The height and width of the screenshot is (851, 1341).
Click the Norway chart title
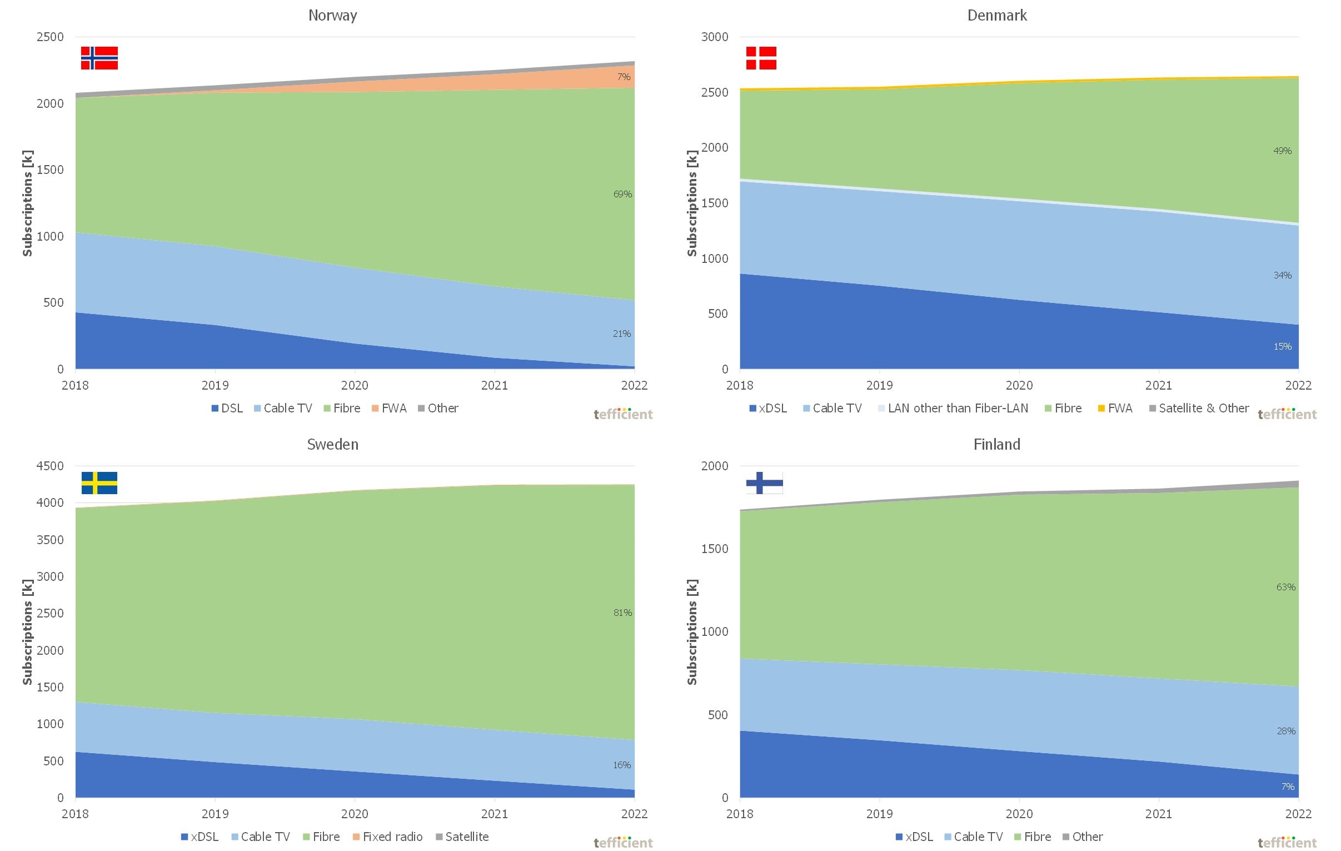[332, 16]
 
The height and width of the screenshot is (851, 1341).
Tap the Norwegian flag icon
[99, 58]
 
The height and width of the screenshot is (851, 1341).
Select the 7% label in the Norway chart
[624, 77]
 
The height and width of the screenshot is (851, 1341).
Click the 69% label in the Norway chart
[622, 194]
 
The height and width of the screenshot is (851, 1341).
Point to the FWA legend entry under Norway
[389, 408]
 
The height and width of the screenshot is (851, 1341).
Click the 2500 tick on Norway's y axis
[50, 37]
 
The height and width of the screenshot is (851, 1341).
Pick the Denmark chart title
[997, 16]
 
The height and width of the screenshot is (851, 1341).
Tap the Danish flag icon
[761, 58]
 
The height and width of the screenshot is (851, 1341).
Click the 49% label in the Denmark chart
[1283, 151]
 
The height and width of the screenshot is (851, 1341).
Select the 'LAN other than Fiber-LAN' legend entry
[953, 408]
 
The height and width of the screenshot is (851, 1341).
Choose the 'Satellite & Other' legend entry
[1199, 408]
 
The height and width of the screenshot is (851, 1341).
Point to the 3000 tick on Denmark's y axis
[715, 37]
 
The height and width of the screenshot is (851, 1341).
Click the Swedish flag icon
[99, 483]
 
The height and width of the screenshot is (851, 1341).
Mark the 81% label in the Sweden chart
[622, 613]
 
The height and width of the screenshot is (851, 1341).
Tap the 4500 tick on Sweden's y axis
[50, 466]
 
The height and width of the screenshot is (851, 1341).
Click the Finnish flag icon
[764, 483]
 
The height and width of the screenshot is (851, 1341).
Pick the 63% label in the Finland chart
[1286, 587]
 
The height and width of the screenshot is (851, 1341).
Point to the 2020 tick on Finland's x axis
[1019, 814]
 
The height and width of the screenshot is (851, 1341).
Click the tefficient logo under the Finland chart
[1287, 843]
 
